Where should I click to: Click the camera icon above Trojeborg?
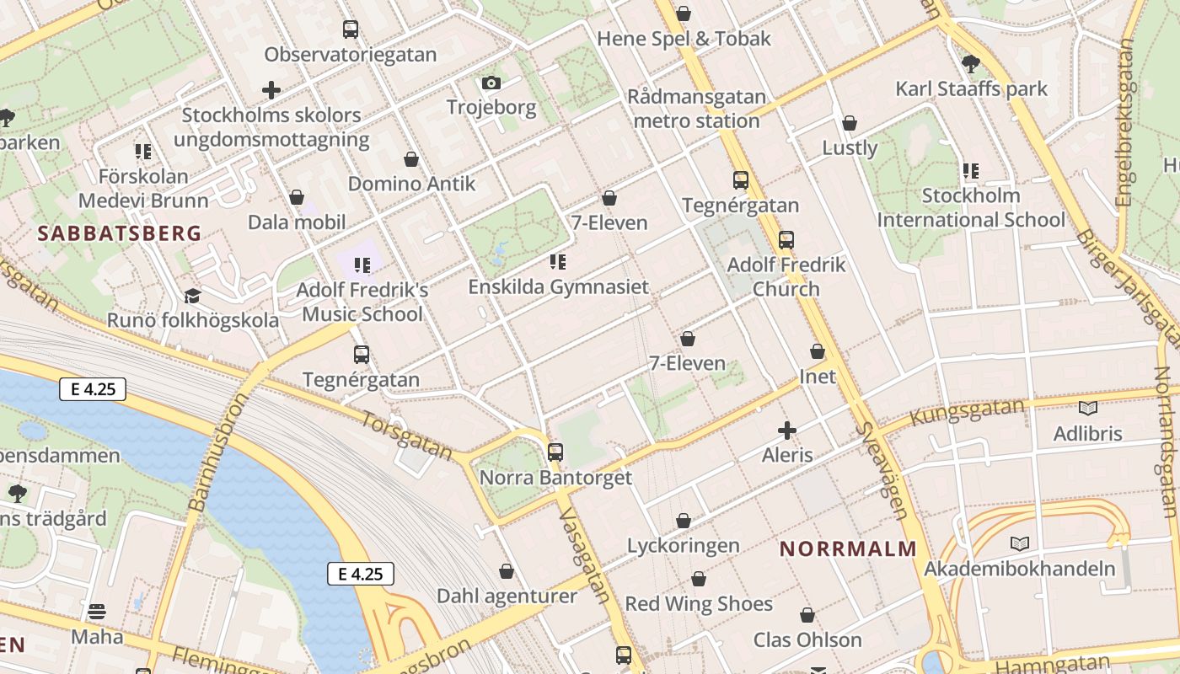tap(491, 83)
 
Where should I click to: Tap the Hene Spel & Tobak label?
tap(684, 39)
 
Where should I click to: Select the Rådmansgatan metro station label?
tap(696, 109)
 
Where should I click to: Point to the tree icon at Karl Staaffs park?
tap(971, 62)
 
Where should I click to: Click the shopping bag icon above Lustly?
tap(850, 123)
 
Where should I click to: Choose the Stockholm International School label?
tap(971, 208)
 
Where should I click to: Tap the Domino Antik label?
tap(411, 184)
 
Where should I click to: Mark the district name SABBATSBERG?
tap(120, 233)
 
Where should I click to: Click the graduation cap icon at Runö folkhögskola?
tap(192, 296)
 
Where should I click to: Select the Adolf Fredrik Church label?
tap(786, 276)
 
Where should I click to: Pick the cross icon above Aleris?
tap(787, 431)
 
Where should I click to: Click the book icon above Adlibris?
tap(1088, 409)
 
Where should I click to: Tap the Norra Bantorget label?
tap(555, 478)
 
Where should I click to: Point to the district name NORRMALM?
tap(847, 548)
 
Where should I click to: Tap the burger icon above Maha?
tap(97, 611)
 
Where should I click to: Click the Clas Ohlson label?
tap(807, 640)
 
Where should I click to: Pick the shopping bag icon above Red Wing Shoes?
tap(699, 579)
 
